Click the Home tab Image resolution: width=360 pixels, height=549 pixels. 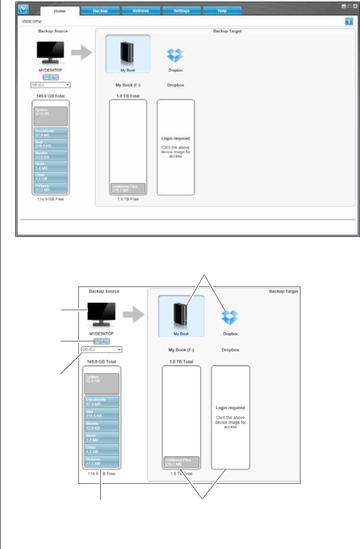point(60,11)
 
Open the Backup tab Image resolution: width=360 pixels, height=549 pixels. point(100,11)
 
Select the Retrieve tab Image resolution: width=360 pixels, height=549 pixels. point(141,11)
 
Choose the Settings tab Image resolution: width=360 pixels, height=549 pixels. point(182,11)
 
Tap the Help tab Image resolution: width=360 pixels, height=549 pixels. point(222,11)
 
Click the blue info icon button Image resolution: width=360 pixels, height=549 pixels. point(349,21)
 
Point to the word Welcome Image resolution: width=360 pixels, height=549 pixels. point(32,21)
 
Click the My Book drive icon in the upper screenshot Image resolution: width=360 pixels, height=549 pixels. point(128,53)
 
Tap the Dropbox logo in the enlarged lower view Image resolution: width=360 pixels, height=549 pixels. point(230,317)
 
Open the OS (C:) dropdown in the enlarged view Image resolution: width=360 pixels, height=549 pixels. point(102,350)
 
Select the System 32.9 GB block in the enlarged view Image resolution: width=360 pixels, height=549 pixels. point(102,383)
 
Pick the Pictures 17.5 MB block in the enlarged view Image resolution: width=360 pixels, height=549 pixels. point(102,462)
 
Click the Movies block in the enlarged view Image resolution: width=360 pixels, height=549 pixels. point(102,426)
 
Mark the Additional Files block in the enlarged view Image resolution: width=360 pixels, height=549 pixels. point(181,462)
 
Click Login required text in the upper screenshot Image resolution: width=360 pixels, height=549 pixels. point(176,138)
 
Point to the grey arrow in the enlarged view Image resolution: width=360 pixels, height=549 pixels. point(133,315)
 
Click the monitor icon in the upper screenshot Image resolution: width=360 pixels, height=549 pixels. point(50,52)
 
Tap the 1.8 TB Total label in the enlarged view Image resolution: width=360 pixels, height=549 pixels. point(181,362)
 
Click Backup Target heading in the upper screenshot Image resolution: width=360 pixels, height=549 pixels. point(227,31)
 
